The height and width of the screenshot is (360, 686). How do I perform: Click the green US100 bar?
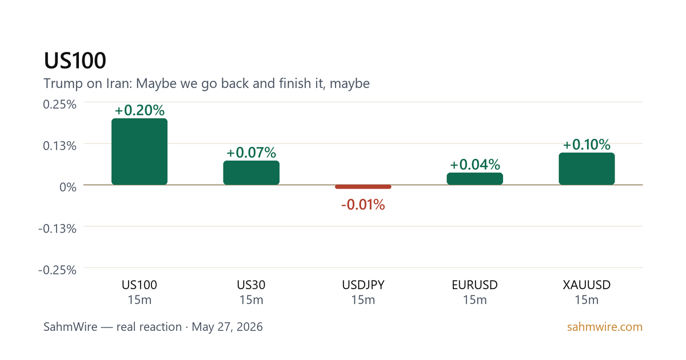(139, 151)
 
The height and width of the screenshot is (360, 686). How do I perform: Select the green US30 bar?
(251, 173)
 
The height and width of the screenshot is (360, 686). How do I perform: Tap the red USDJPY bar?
(363, 187)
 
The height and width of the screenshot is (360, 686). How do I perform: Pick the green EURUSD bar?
(474, 179)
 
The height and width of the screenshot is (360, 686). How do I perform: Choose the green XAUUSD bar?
(587, 169)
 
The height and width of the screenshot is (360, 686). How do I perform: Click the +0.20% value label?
(139, 110)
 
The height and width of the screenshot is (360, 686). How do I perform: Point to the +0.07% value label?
(251, 153)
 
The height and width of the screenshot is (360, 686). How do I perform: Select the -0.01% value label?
(363, 205)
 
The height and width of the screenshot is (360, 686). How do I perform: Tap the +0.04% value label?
(475, 165)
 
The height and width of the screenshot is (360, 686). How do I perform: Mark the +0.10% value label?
(587, 145)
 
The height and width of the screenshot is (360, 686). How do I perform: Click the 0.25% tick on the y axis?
(59, 105)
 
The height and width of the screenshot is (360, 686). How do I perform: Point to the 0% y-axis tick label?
(67, 187)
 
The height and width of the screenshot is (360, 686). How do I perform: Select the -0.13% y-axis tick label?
(57, 229)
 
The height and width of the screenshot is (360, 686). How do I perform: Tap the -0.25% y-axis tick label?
(57, 270)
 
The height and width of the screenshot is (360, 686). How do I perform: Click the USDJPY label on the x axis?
(363, 285)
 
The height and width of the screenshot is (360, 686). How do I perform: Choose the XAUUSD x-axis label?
(587, 285)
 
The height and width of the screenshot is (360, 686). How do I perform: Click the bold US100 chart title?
(75, 61)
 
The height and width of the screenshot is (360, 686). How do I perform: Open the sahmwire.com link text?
(605, 327)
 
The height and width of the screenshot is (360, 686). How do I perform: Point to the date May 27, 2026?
(228, 327)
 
